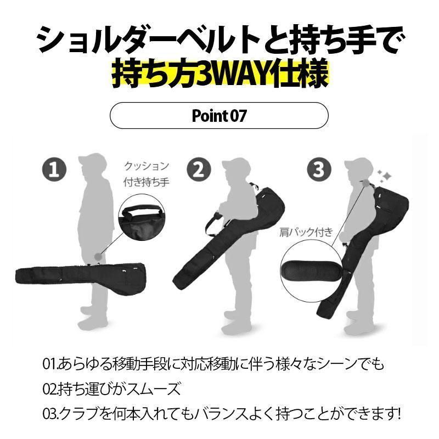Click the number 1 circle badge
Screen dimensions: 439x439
(54, 170)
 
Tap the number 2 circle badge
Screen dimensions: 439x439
(199, 170)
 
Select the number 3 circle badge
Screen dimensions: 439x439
(319, 170)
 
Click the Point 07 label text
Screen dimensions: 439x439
(219, 116)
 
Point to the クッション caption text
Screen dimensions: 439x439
(147, 166)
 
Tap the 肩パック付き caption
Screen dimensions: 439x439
(306, 232)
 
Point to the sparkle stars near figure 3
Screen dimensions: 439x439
(384, 176)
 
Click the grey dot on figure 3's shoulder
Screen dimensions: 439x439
(366, 183)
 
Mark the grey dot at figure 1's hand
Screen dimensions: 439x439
(98, 256)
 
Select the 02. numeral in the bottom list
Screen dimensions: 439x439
(50, 389)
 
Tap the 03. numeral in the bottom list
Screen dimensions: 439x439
(50, 414)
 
